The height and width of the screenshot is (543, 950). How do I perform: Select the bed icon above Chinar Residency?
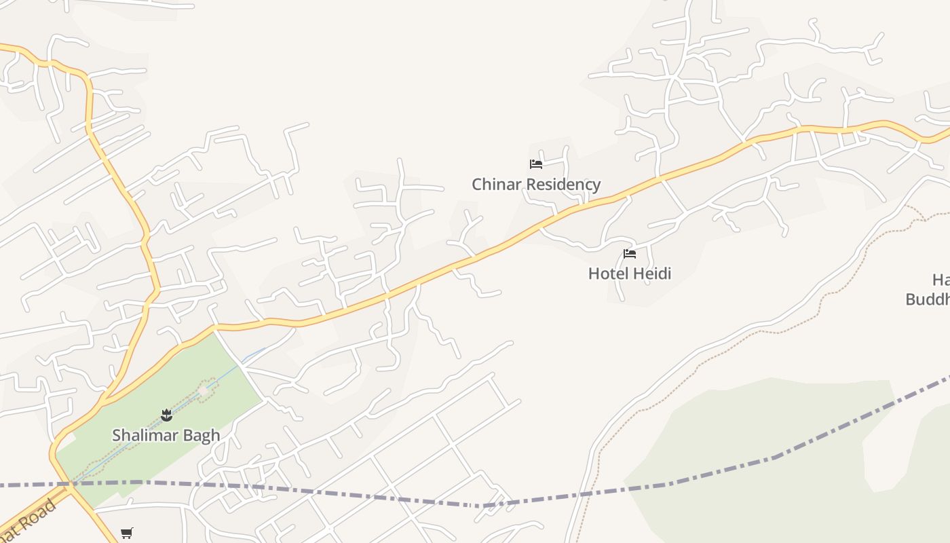(x=536, y=164)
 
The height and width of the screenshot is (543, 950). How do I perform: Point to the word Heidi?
(x=650, y=274)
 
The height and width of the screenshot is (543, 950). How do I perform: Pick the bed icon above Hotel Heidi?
(x=630, y=255)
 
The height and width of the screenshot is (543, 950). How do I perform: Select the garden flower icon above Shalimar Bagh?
(x=166, y=415)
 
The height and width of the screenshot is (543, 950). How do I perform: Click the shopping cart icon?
(x=126, y=533)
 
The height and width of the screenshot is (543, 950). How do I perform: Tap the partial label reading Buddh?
(x=928, y=299)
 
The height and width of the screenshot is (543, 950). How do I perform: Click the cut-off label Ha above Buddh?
(x=940, y=280)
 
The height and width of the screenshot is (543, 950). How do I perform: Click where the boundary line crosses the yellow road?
(x=70, y=484)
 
